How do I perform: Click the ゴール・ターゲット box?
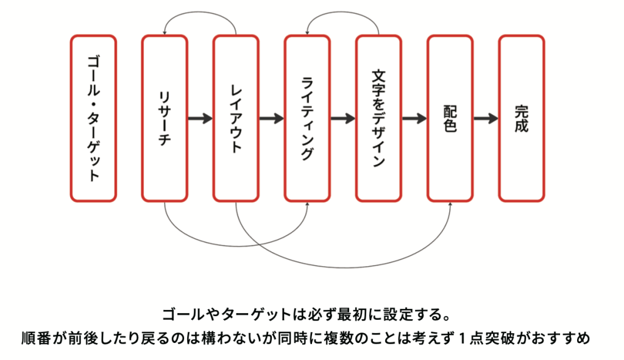coord(93,118)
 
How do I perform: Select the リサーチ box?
coord(165,118)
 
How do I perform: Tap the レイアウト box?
coord(236,118)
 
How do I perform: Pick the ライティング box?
coord(307,118)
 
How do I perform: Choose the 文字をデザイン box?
coord(378,118)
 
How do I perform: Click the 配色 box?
coord(450,118)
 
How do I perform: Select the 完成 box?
coord(521,118)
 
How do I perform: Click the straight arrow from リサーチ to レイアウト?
coord(200,118)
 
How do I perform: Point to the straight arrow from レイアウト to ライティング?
coord(271,118)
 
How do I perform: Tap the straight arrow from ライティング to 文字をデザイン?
coord(342,118)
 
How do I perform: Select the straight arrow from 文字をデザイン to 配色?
coord(414,118)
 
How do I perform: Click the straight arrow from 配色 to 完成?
coord(485,118)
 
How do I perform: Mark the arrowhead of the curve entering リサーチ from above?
coord(165,32)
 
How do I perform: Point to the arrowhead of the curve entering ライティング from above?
coord(308,32)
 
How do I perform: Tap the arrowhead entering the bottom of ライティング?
coord(307,205)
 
